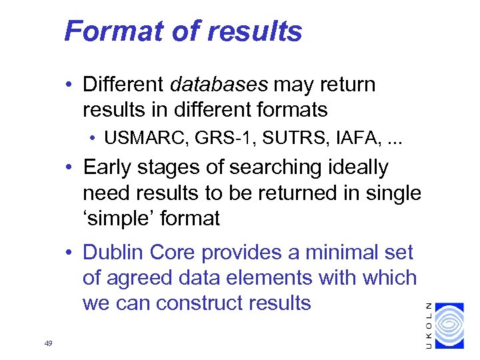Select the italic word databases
pyautogui.click(x=219, y=85)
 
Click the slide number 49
pyautogui.click(x=47, y=343)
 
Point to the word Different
pyautogui.click(x=124, y=85)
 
